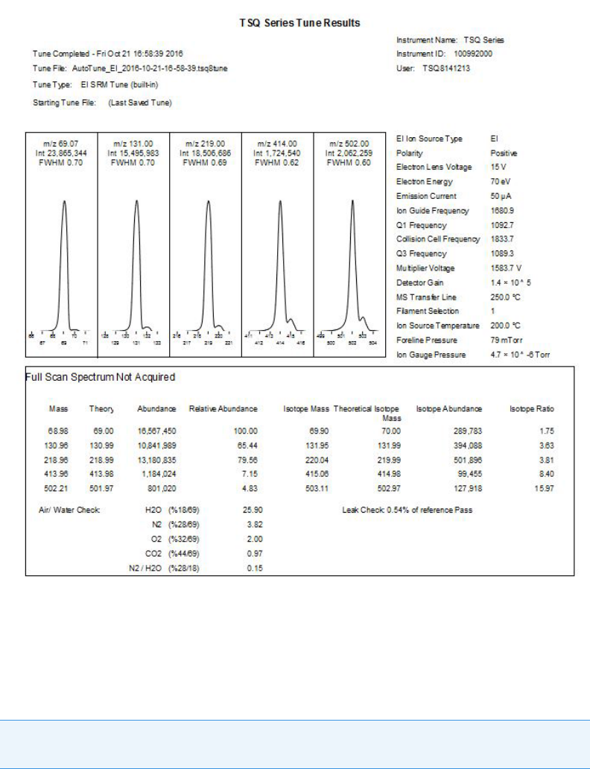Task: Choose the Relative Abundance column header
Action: click(x=223, y=409)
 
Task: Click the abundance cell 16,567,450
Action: click(x=156, y=431)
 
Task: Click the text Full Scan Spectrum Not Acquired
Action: click(x=101, y=377)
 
